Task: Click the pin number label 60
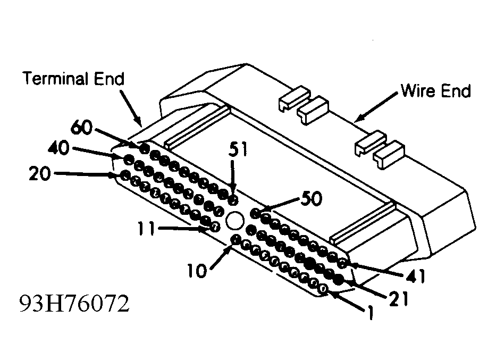(81, 127)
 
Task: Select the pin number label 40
(58, 148)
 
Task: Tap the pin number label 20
(39, 174)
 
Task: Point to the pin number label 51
(238, 149)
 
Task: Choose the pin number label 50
(312, 198)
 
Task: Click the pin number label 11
(146, 229)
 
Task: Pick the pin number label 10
(197, 271)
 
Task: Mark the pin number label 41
(416, 276)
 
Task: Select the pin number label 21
(399, 299)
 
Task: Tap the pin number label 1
(371, 313)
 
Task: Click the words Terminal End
(74, 79)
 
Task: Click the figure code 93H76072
(74, 304)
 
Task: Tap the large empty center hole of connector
(235, 220)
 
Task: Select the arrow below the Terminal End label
(130, 108)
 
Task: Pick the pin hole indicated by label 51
(233, 199)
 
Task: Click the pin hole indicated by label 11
(214, 227)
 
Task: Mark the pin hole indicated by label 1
(323, 289)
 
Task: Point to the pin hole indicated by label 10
(236, 239)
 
